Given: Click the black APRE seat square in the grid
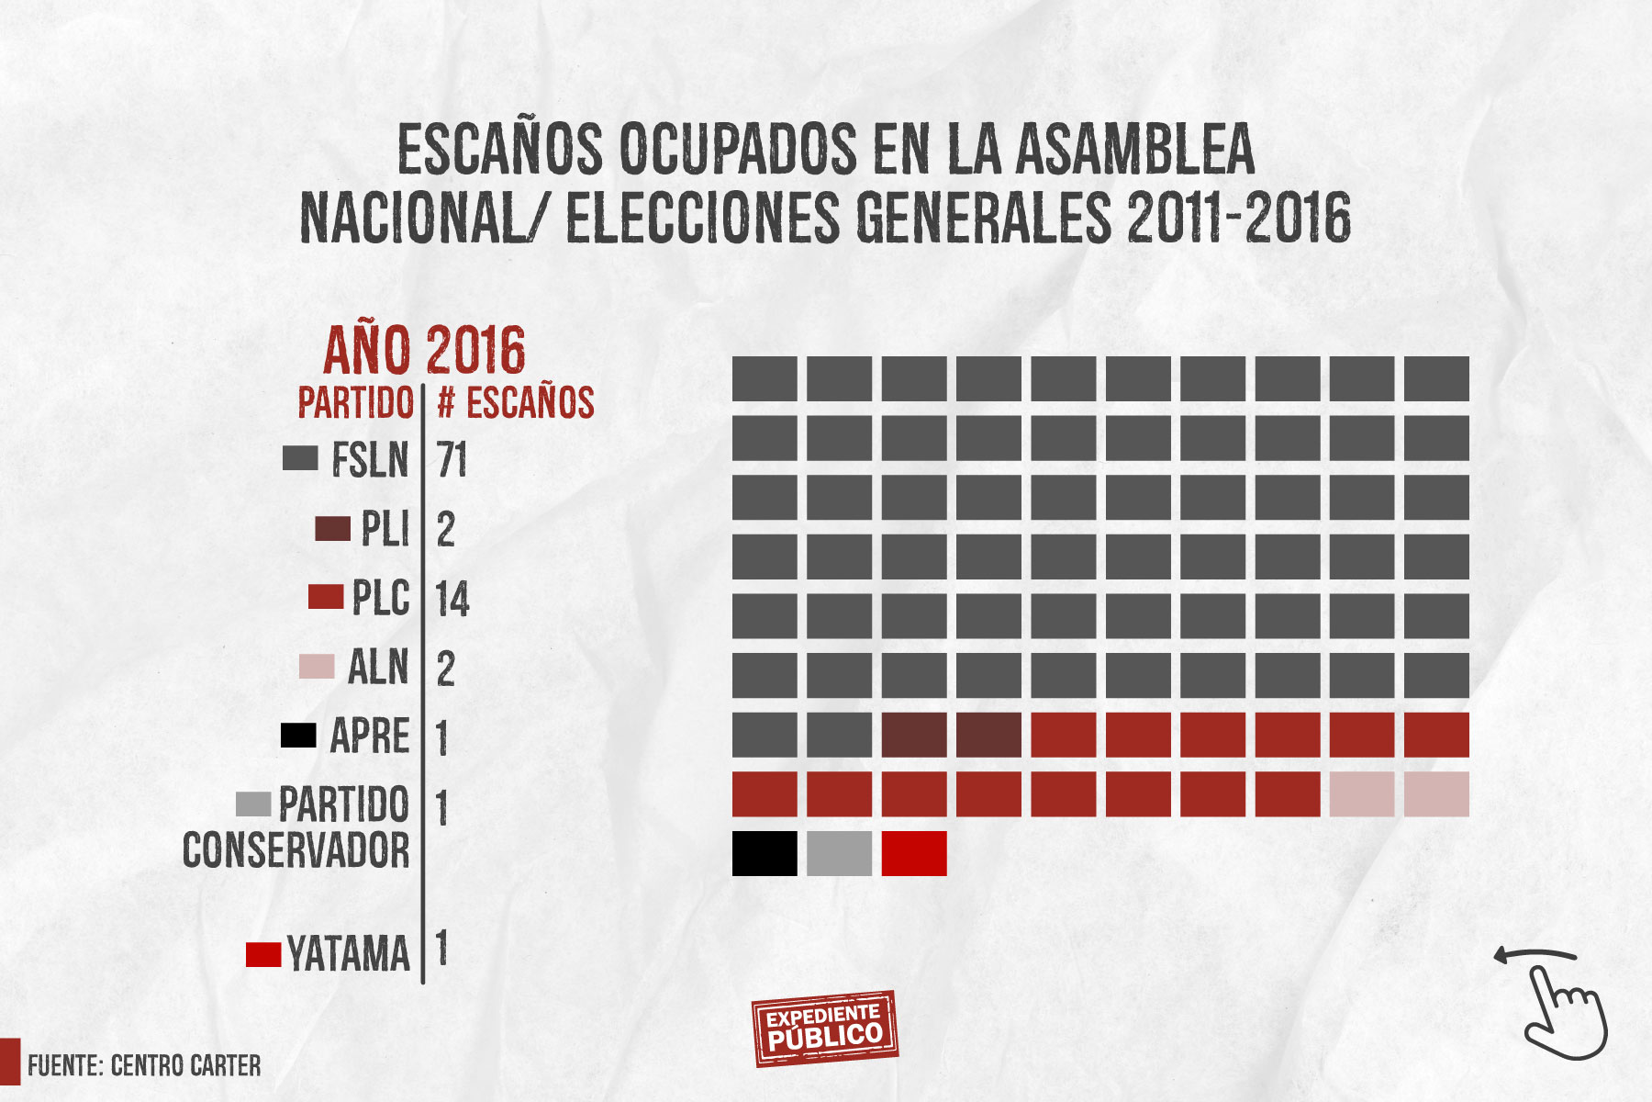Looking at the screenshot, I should click(x=765, y=853).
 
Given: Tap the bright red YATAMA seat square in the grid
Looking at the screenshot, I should click(x=914, y=853).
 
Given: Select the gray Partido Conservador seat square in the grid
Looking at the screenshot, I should click(x=839, y=853).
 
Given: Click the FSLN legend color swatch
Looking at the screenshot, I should click(x=300, y=458).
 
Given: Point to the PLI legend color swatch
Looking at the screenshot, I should click(x=332, y=529).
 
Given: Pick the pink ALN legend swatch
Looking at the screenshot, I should click(x=317, y=667).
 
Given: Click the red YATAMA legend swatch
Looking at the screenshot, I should click(x=263, y=954).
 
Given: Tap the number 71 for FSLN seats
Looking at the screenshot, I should click(x=452, y=459).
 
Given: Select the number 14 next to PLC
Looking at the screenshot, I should click(x=452, y=599).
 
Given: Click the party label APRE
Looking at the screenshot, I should click(x=370, y=737).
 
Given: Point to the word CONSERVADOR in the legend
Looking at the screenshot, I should click(x=296, y=851).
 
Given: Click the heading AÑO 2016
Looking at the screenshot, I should click(x=425, y=350).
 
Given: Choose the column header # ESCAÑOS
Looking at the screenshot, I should click(x=516, y=403).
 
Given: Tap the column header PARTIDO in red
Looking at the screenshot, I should click(x=356, y=403).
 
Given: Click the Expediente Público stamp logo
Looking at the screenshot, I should click(x=824, y=1028).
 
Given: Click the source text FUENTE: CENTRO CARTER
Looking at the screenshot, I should click(x=144, y=1065).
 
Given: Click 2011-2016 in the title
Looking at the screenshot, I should click(x=1239, y=219).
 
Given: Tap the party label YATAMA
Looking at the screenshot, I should click(x=349, y=954).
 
